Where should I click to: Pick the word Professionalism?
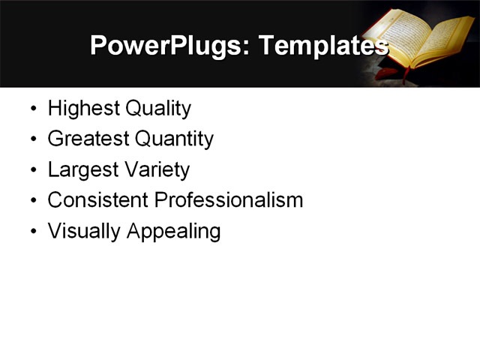point(228,200)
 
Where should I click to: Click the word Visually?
point(84,231)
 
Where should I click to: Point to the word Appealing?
point(173,232)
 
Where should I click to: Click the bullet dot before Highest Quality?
point(32,109)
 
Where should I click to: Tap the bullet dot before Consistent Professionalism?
point(32,201)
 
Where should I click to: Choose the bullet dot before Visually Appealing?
point(32,232)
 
